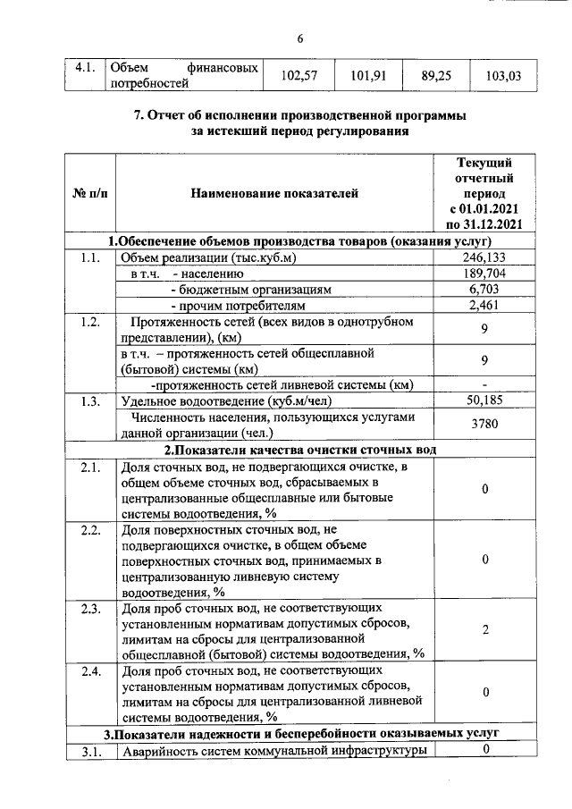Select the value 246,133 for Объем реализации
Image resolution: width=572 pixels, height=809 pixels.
click(x=484, y=258)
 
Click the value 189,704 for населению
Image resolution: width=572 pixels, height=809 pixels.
click(x=484, y=274)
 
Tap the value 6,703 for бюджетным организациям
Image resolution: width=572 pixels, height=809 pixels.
click(x=484, y=290)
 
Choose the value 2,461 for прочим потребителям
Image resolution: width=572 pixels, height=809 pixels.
click(x=484, y=306)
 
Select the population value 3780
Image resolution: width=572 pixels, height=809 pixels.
click(x=484, y=425)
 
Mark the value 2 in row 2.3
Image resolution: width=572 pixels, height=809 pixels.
click(x=484, y=630)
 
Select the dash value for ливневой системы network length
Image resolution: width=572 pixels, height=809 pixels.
click(x=484, y=384)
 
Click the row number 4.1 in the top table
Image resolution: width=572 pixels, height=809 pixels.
click(x=85, y=68)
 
